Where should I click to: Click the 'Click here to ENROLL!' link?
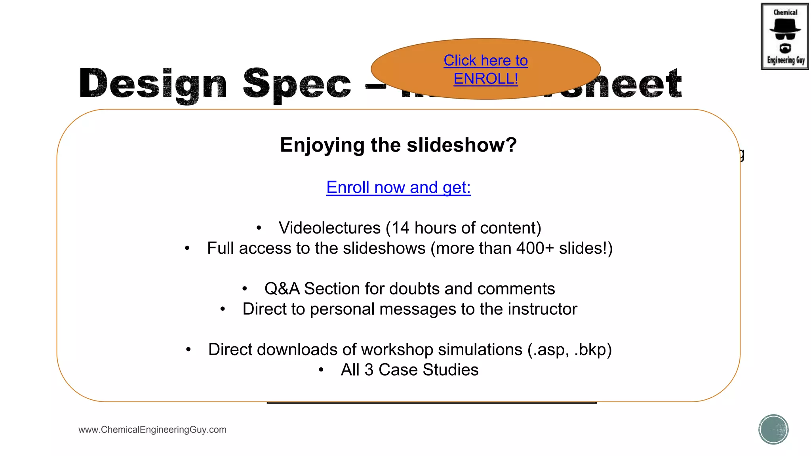pyautogui.click(x=485, y=70)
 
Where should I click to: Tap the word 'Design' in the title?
pyautogui.click(x=153, y=84)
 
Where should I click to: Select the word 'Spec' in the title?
pyautogui.click(x=297, y=84)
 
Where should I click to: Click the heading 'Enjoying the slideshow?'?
pyautogui.click(x=398, y=145)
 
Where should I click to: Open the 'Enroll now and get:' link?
pyautogui.click(x=398, y=187)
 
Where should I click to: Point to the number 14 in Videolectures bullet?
pyautogui.click(x=400, y=228)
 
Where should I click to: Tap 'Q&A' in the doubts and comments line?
pyautogui.click(x=282, y=289)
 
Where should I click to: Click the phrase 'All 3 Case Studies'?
pyautogui.click(x=409, y=370)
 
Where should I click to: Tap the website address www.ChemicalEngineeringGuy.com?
pyautogui.click(x=152, y=429)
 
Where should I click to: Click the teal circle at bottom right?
pyautogui.click(x=773, y=429)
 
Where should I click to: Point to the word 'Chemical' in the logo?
pyautogui.click(x=785, y=12)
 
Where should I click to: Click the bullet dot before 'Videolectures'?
pyautogui.click(x=259, y=228)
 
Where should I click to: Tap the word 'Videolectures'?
pyautogui.click(x=329, y=228)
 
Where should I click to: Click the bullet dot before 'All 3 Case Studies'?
pyautogui.click(x=321, y=370)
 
